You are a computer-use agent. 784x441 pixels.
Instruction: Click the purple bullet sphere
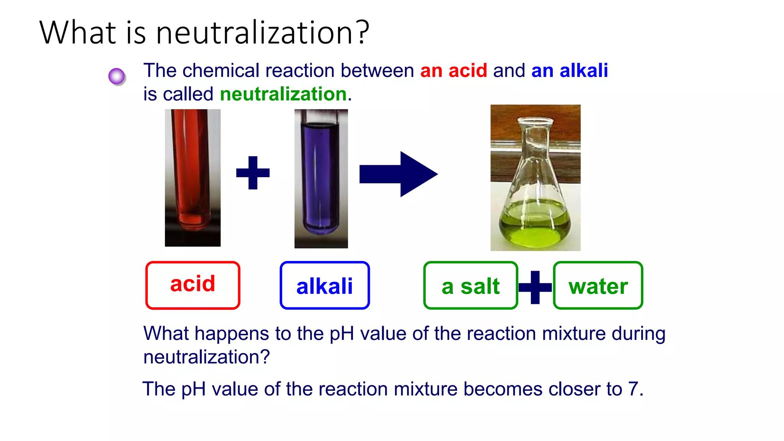click(x=117, y=76)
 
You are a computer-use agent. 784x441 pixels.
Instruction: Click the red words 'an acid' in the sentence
click(x=454, y=71)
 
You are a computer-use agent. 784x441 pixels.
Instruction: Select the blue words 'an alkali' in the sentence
click(x=569, y=71)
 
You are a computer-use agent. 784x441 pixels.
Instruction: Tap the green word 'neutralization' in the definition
click(x=283, y=94)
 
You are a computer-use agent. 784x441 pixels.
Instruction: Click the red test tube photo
click(x=193, y=178)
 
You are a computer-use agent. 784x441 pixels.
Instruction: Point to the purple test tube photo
click(x=321, y=178)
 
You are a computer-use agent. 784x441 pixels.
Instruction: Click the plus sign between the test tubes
click(x=253, y=173)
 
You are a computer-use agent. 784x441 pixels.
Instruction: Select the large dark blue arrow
click(x=398, y=174)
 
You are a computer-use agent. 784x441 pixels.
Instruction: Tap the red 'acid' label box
click(x=193, y=285)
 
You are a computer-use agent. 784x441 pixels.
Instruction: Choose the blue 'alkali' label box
click(x=325, y=286)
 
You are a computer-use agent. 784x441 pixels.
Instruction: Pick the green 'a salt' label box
click(x=470, y=286)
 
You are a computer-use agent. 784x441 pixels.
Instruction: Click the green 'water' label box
click(x=598, y=286)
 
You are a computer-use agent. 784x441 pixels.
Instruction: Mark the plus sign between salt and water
click(x=535, y=287)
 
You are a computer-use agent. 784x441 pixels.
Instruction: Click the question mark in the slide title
click(x=361, y=32)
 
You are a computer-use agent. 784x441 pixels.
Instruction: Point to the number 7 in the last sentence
click(x=634, y=389)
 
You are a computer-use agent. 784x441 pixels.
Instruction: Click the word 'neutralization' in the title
click(x=254, y=33)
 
